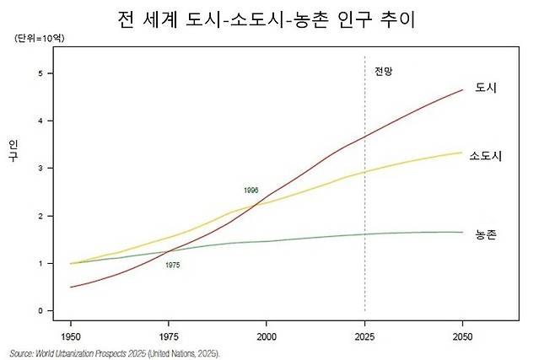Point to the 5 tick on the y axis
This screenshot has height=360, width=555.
(x=39, y=73)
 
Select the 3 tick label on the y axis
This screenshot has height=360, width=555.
(x=39, y=169)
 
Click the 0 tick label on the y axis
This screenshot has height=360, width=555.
(x=39, y=311)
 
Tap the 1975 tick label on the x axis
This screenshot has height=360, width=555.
(x=169, y=335)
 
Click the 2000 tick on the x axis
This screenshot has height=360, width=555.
(x=267, y=335)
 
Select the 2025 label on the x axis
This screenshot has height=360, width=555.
(x=365, y=335)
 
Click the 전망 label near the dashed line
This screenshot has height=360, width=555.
(x=384, y=72)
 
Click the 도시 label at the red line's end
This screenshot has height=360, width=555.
(x=485, y=88)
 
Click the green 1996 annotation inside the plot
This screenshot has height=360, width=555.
(x=251, y=191)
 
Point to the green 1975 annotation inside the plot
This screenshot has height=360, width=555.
(x=172, y=266)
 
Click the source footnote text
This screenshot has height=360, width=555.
(x=114, y=353)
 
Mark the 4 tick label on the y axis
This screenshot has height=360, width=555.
(x=39, y=121)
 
